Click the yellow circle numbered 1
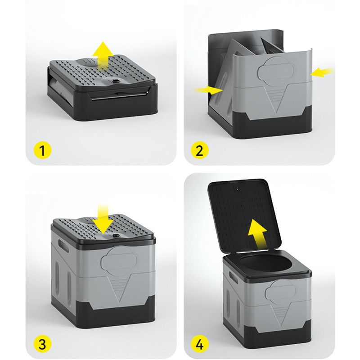click(x=42, y=150)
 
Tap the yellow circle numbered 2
click(x=200, y=150)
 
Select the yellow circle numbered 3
click(x=42, y=344)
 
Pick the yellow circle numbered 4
click(x=200, y=344)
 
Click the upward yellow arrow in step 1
click(x=103, y=55)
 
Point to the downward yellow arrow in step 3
click(x=103, y=219)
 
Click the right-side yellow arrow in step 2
click(x=322, y=72)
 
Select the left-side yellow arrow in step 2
click(x=208, y=90)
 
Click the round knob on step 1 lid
click(x=116, y=81)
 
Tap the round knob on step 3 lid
click(x=116, y=235)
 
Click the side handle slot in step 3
click(x=63, y=245)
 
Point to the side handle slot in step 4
click(x=233, y=277)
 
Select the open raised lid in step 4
click(x=244, y=216)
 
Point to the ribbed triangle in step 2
click(x=275, y=99)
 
